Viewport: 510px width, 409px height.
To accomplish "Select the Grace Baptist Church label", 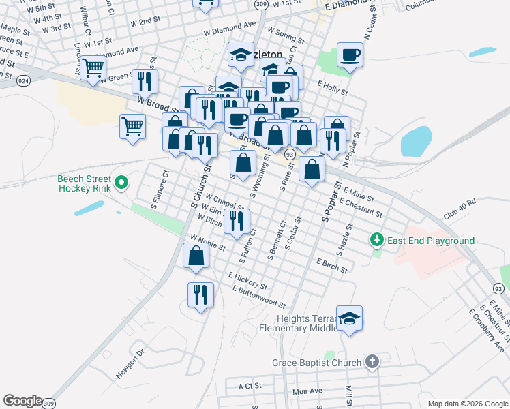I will (317, 362).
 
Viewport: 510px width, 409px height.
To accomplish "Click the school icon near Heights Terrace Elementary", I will (349, 318).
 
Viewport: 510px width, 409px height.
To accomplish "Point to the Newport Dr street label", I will (131, 364).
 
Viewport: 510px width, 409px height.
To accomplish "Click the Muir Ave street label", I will (307, 391).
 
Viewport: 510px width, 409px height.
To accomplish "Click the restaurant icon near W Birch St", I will (237, 221).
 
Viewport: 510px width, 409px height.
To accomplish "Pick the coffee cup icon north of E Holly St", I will (350, 55).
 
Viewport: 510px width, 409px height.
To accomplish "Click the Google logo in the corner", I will (22, 401).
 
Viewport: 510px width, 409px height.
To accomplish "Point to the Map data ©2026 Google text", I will (467, 403).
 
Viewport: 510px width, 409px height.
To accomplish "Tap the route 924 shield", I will (24, 80).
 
